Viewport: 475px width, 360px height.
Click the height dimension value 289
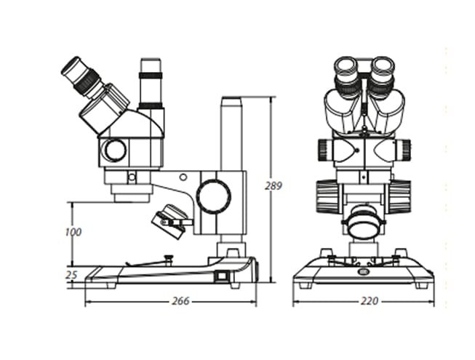(273, 186)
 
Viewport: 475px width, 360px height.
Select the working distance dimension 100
(73, 232)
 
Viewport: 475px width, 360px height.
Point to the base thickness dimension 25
(71, 275)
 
